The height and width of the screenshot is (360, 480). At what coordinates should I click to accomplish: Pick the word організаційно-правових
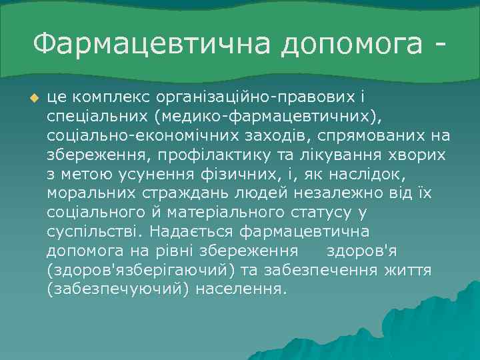(251, 98)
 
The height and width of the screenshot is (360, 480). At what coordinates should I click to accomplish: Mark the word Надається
(185, 232)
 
